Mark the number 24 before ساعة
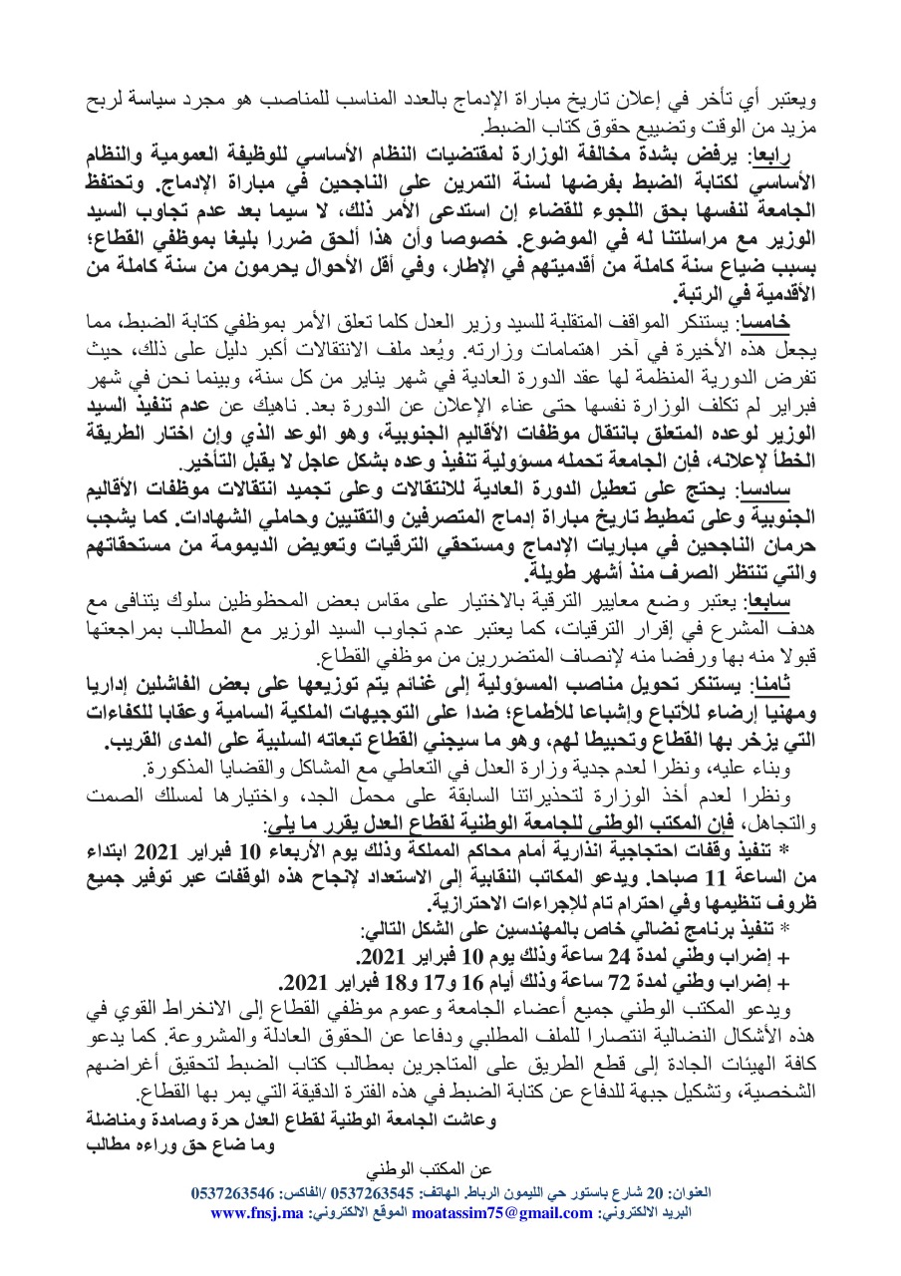click(x=614, y=956)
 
